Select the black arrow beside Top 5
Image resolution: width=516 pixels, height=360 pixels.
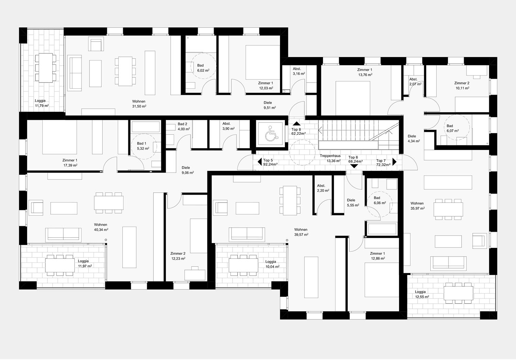260,162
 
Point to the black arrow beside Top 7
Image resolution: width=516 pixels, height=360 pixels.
394,162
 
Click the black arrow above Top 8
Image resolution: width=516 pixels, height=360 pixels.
297,123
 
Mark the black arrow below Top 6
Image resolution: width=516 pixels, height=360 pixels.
354,166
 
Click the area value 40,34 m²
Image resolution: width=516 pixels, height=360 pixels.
101,230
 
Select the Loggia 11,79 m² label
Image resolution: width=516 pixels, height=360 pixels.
42,103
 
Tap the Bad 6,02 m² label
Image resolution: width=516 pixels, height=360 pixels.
203,68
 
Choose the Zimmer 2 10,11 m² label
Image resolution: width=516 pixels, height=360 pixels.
462,86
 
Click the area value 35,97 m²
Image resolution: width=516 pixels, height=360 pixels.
417,208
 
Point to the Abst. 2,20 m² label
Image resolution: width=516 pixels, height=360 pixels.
323,188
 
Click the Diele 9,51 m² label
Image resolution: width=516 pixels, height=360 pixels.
269,105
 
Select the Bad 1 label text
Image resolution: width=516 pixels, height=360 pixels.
141,143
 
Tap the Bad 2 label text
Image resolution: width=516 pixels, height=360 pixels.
182,124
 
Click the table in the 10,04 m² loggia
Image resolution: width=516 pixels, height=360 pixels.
244,265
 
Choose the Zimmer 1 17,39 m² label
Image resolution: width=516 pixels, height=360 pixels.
70,163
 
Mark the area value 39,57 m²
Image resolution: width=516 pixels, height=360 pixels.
301,235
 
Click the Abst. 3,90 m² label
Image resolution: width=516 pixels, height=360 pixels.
228,126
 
